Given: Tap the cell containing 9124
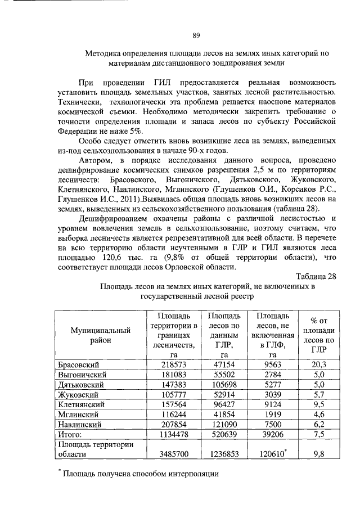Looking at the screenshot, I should click(x=273, y=404).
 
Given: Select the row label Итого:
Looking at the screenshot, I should click(x=70, y=435).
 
